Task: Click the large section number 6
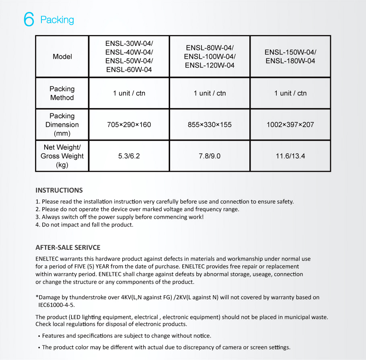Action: [29, 19]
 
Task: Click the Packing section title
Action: [57, 20]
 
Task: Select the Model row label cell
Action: [62, 57]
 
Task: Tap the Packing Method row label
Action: [62, 93]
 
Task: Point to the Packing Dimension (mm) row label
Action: [62, 124]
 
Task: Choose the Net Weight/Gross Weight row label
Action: [62, 156]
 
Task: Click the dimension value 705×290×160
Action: [129, 125]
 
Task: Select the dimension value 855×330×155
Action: [210, 125]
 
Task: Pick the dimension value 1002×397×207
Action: [290, 125]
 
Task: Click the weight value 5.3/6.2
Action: [129, 156]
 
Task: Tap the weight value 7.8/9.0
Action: [210, 156]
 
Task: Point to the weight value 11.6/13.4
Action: [290, 156]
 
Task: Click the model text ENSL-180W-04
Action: [290, 61]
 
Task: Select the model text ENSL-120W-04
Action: [210, 66]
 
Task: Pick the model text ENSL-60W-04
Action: [129, 70]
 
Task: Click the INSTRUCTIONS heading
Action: [59, 190]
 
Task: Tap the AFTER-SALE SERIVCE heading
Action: [68, 247]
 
